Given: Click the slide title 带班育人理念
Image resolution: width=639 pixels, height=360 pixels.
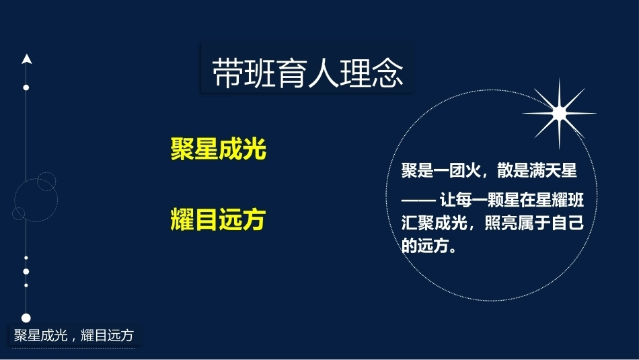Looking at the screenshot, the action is pos(307,73).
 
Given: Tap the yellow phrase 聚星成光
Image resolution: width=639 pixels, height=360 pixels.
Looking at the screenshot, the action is pos(218,149).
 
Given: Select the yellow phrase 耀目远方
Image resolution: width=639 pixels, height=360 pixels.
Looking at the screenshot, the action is pos(218,219).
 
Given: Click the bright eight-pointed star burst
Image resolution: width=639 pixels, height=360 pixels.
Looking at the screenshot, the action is pos(559,113).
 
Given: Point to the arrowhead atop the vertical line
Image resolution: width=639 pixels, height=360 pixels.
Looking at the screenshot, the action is pos(27,59).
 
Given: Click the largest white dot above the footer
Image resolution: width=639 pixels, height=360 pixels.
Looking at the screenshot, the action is pos(26,318).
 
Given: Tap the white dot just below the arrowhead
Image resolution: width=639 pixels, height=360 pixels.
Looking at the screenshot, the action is pos(26,87).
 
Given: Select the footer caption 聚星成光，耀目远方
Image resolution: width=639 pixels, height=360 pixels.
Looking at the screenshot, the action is pos(74,335).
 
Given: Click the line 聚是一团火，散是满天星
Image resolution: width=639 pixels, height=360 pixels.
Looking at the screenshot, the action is pos(489,170).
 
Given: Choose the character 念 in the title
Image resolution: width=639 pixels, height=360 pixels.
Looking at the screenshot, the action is pos(387,73).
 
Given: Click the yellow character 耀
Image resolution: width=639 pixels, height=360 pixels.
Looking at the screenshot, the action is pos(182,219).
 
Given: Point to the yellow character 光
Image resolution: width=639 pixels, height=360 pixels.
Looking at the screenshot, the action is pos(254,149).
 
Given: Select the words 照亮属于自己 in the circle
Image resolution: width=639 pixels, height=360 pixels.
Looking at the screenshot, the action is pos(535,223).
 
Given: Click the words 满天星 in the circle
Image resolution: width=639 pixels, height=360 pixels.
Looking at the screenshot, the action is pos(553,170).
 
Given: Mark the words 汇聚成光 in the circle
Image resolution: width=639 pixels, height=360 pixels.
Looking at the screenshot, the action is pos(434,223).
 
